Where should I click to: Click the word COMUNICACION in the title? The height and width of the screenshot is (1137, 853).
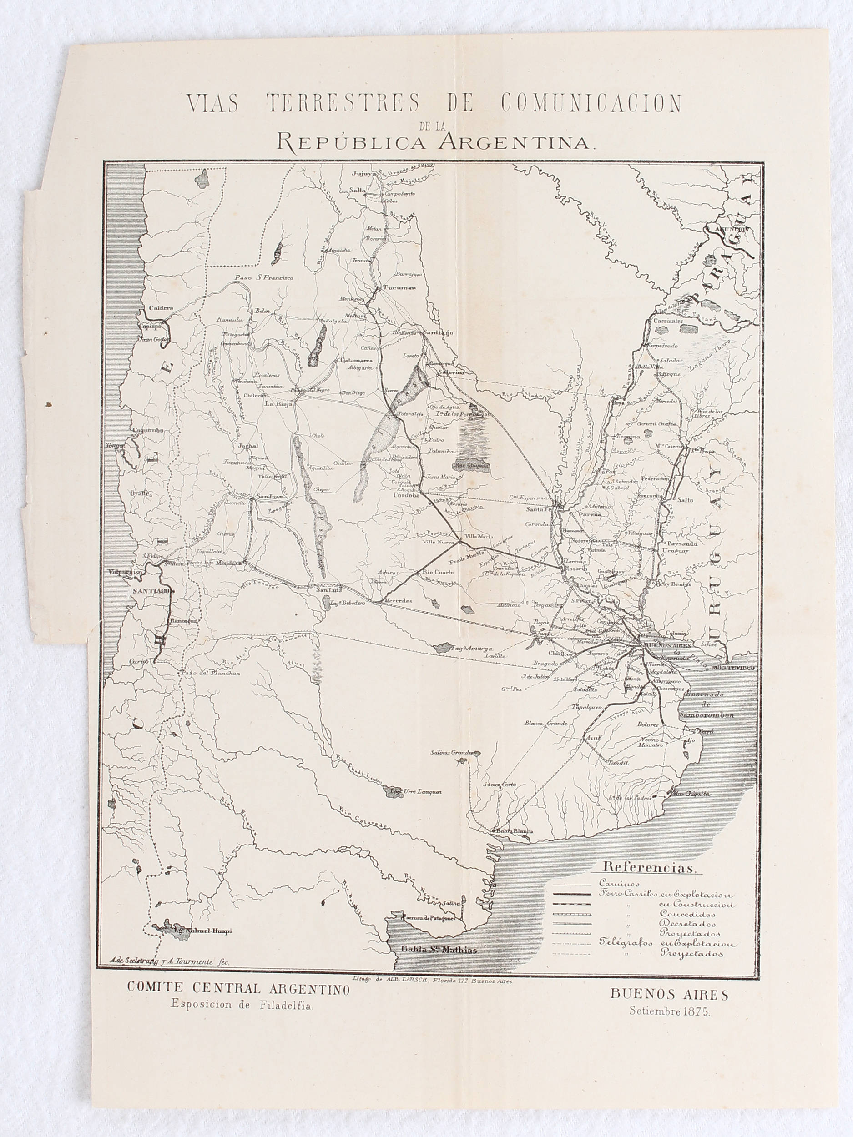[x=591, y=103]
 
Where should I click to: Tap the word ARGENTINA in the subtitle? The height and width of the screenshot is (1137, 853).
[x=516, y=141]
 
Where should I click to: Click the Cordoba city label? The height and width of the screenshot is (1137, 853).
[x=407, y=496]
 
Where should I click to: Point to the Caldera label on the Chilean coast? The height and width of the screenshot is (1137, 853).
[x=161, y=308]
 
